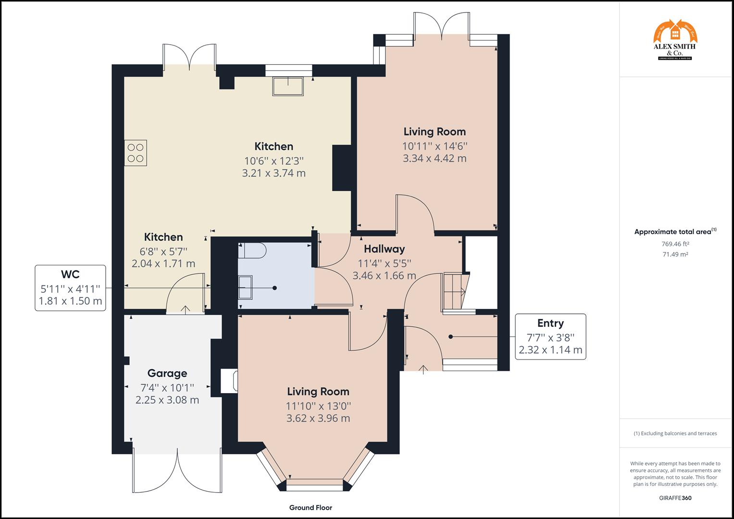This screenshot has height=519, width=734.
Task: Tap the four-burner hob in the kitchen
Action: tap(136, 153)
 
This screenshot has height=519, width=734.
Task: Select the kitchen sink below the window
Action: tap(288, 86)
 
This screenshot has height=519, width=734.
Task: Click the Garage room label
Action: tap(167, 373)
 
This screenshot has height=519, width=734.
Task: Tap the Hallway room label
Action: tap(384, 249)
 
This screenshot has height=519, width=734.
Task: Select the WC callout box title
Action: tap(70, 274)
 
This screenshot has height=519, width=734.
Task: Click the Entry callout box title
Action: tap(550, 323)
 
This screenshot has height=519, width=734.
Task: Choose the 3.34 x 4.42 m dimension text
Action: tap(435, 159)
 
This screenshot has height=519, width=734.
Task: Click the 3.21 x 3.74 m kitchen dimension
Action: tap(274, 173)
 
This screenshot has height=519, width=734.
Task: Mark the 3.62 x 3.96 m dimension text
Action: tap(318, 418)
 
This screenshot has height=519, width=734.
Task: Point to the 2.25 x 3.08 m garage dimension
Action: tap(167, 400)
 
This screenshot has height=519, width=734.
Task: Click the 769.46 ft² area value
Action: tap(675, 244)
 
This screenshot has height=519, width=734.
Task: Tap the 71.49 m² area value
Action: tap(675, 255)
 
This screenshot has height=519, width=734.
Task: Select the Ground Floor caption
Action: tap(311, 507)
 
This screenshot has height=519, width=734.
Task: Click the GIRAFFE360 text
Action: tap(675, 498)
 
